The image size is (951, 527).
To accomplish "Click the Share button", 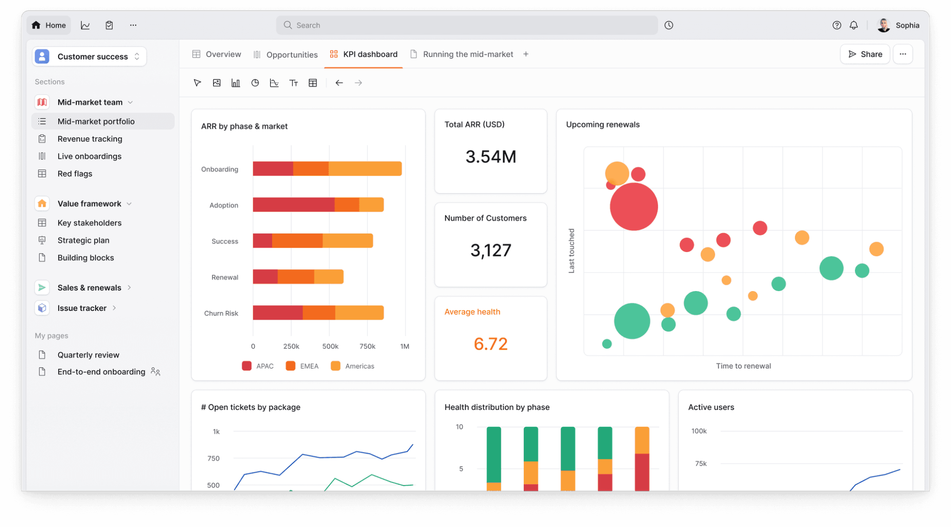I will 865,54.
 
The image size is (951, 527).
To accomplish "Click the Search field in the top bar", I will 466,25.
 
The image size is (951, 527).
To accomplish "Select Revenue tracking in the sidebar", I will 89,139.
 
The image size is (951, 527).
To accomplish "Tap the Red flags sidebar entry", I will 75,174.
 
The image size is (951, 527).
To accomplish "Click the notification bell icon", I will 853,25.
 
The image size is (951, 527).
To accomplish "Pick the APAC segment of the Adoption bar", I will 293,205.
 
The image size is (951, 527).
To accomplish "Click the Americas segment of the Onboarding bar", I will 365,169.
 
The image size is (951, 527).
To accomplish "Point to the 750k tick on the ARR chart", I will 367,346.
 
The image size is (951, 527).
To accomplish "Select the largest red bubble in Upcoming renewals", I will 634,207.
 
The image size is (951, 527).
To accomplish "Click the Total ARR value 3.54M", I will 490,156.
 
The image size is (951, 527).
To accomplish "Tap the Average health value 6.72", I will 490,343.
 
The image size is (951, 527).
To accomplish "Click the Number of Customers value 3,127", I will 490,250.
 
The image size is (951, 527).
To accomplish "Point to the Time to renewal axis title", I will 743,366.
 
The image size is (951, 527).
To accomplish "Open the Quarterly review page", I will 88,355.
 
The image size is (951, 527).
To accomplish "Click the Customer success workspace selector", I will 89,57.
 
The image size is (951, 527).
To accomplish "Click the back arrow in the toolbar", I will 339,83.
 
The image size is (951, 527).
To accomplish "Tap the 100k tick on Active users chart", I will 698,431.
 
